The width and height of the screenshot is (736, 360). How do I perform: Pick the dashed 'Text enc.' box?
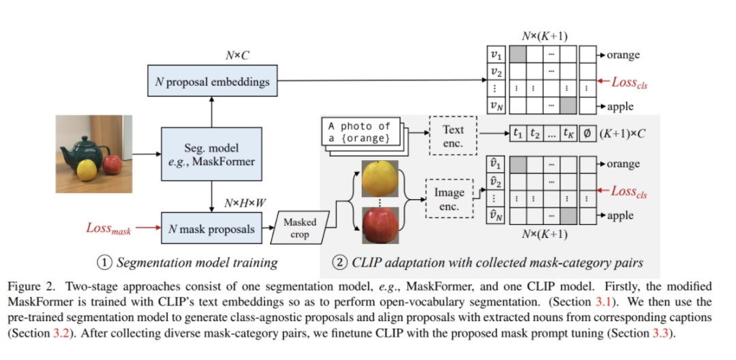pyautogui.click(x=453, y=135)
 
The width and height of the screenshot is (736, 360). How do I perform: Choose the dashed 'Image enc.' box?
pyautogui.click(x=449, y=199)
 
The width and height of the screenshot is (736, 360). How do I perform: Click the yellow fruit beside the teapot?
pyautogui.click(x=87, y=170)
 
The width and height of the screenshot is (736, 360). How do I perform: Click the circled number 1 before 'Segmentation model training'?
pyautogui.click(x=103, y=262)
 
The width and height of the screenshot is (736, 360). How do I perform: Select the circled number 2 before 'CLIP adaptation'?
pyautogui.click(x=339, y=262)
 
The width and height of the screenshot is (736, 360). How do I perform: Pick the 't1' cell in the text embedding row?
pyautogui.click(x=520, y=134)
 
